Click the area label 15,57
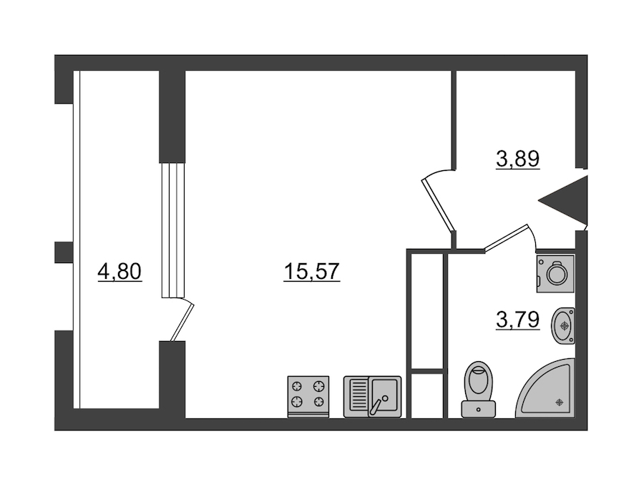pos(312,272)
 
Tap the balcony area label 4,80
pos(119,272)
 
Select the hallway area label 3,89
pos(517,159)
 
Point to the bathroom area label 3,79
pos(517,320)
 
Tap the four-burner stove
pos(308,397)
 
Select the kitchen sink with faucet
pos(373,397)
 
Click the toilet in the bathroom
pos(479,389)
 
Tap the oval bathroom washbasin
pos(563,325)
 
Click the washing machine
pos(555,273)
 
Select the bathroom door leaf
pos(507,237)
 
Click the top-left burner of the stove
pos(297,386)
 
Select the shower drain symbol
pos(559,403)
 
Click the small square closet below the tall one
pos(427,395)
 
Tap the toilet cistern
pos(479,409)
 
